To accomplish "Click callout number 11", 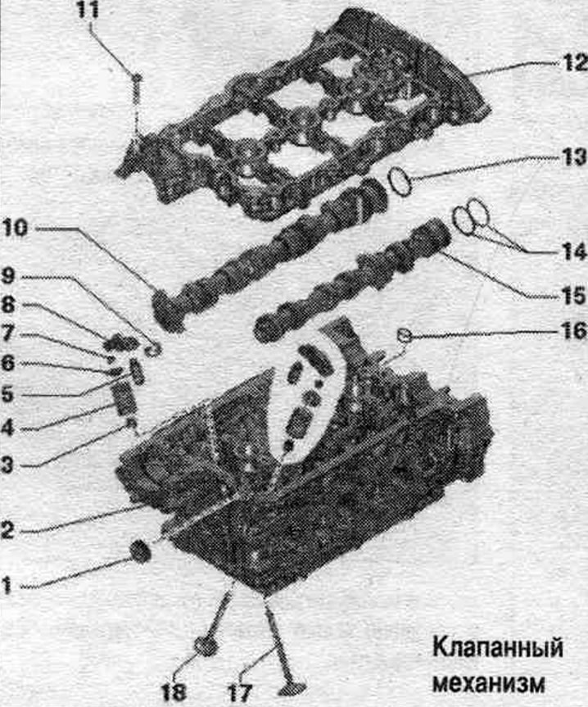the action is [88, 10].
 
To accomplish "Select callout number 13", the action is [573, 157].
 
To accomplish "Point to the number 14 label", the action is [574, 252].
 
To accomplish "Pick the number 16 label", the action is [574, 332].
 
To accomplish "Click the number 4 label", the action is [7, 428].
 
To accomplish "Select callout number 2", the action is [7, 530].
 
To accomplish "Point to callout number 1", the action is [7, 586].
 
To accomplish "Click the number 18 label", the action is [174, 691].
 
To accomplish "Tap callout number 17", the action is [239, 691].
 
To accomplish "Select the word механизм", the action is [489, 684].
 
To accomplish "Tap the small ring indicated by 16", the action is [404, 335].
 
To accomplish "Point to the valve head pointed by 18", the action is [206, 646].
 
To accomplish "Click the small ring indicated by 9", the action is [153, 350].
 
